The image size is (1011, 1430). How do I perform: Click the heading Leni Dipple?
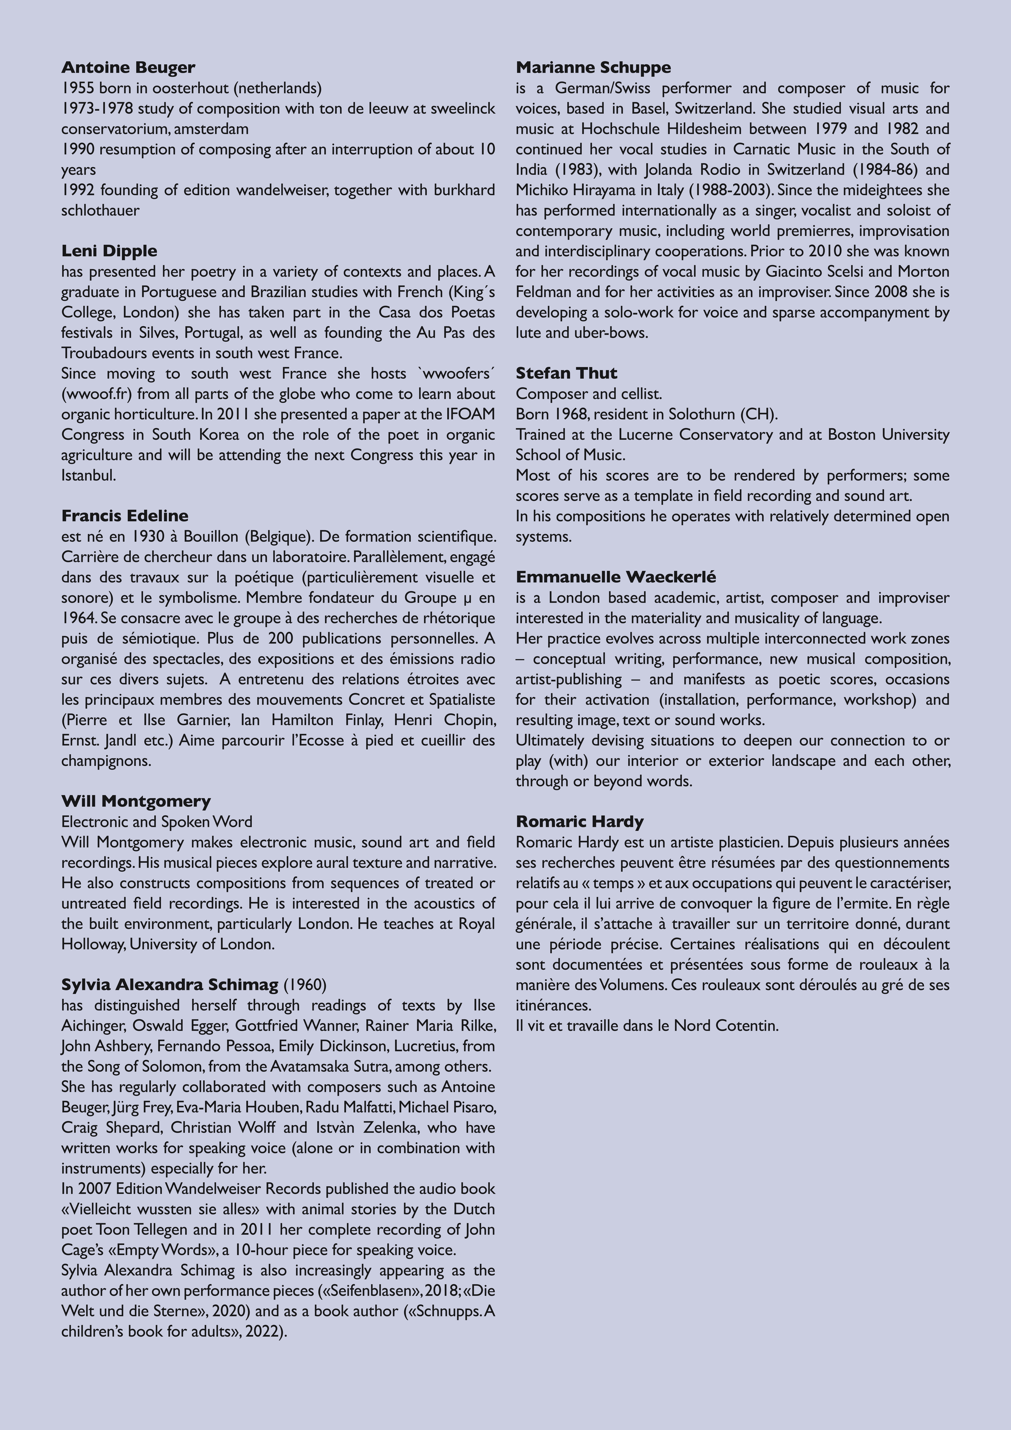click(109, 251)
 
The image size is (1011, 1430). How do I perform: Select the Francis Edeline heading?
click(125, 516)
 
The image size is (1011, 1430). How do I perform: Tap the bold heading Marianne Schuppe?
click(593, 67)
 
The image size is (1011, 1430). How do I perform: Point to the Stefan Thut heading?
click(566, 373)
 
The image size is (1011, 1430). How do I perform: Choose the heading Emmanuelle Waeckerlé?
click(615, 577)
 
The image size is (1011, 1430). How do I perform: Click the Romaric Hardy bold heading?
click(579, 822)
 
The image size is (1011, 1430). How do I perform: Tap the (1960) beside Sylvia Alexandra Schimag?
click(305, 985)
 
